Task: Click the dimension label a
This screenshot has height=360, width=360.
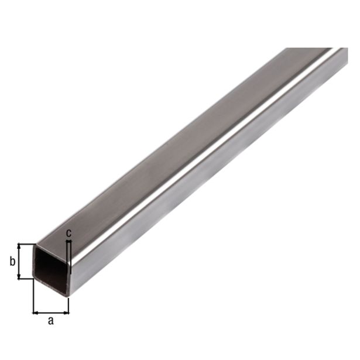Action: point(50,320)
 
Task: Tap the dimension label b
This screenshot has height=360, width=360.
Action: point(12,262)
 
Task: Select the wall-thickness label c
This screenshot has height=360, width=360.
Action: point(68,233)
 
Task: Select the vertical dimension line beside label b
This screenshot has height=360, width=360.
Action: point(19,261)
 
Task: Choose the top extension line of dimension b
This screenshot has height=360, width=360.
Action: point(26,244)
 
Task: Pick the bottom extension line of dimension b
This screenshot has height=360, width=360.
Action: point(26,279)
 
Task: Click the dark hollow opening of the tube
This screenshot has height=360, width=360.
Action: point(51,266)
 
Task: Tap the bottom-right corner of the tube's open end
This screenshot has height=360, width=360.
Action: point(69,294)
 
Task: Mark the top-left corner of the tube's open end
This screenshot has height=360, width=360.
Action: point(35,244)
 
